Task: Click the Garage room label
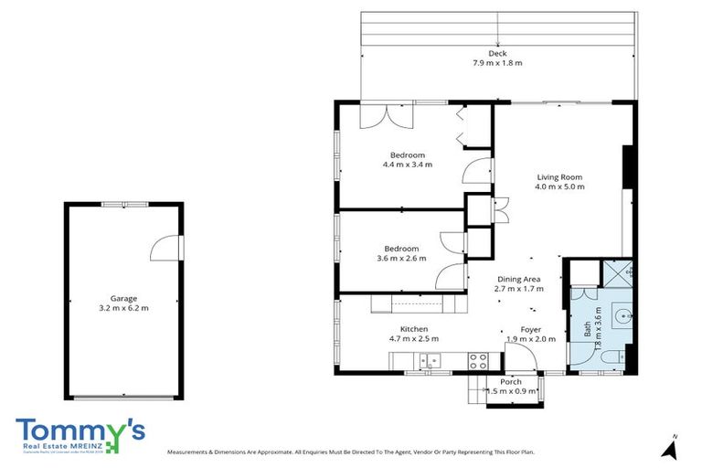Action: coord(123,298)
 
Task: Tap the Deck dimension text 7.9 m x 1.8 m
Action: coord(497,63)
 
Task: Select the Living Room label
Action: coord(558,176)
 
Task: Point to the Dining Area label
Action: coord(519,279)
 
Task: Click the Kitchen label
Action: coord(413,329)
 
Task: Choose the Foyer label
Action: coord(531,329)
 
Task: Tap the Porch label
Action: coord(511,381)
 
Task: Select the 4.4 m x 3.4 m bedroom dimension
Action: coord(407,165)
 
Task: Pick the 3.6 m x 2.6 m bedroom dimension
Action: coord(401,259)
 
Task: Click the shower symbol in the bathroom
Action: coord(619,271)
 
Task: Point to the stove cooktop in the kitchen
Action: coord(478,361)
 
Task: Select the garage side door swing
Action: coord(165,247)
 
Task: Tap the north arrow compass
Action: coord(672,447)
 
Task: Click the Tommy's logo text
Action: coord(79,431)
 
